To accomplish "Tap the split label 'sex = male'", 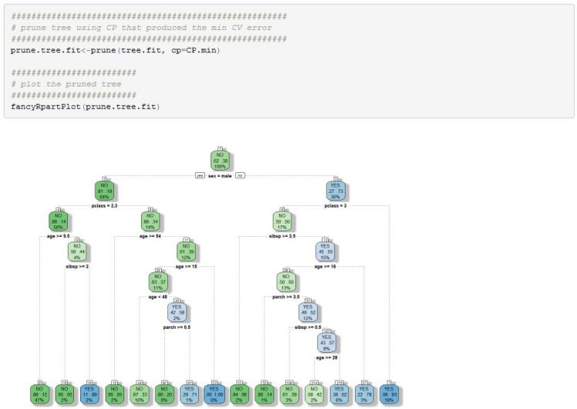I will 221,176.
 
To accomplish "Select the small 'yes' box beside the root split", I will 201,176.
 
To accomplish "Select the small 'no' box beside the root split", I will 241,176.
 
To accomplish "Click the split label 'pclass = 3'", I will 336,206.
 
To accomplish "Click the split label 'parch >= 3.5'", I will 286,296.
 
